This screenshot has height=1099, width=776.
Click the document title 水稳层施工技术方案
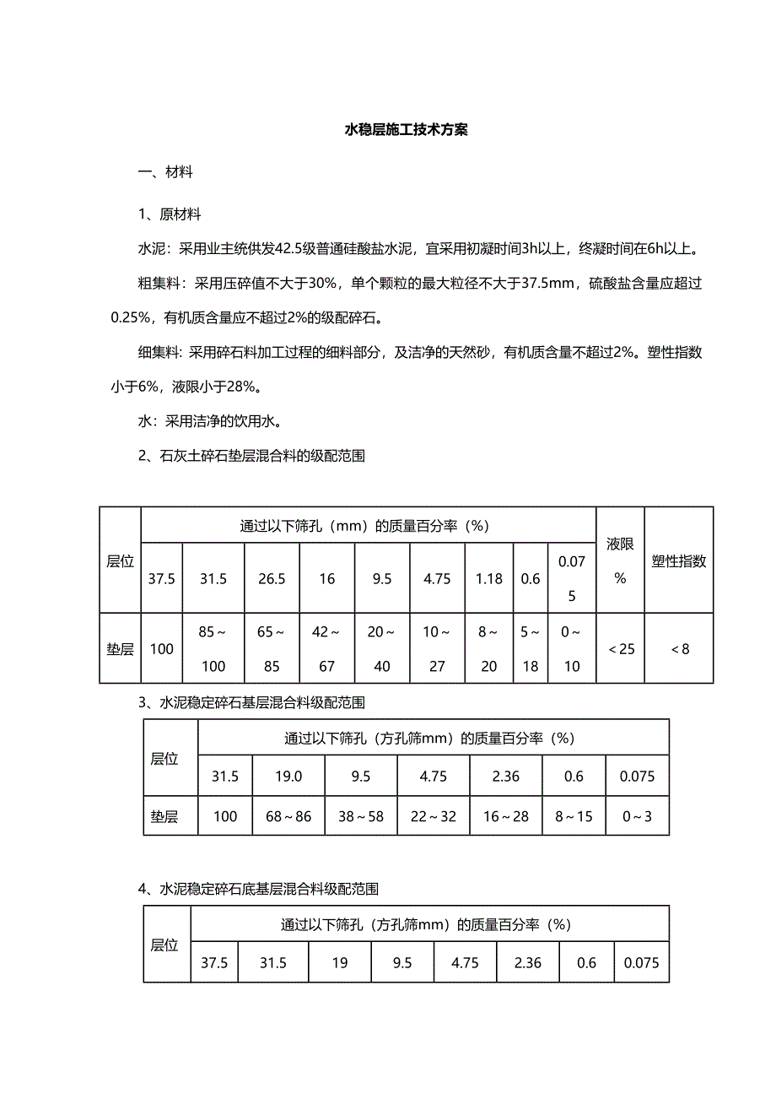point(407,130)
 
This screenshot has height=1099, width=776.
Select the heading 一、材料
point(165,172)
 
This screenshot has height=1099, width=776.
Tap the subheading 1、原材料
point(170,214)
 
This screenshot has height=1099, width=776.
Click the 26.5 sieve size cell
point(272,578)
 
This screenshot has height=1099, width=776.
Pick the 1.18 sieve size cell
point(489,578)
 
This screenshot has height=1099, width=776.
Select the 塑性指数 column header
point(678,560)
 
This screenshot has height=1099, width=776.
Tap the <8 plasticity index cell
point(678,648)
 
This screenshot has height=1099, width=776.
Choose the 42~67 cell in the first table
point(327,648)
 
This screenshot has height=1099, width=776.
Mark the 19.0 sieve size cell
point(288,777)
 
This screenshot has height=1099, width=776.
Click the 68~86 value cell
point(288,816)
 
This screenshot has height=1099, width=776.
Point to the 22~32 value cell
point(434,816)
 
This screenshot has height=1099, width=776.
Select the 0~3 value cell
point(637,816)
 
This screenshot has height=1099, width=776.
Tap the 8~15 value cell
point(574,816)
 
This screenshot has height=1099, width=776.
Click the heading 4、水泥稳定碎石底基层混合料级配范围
point(258,888)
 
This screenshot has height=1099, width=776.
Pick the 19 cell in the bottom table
point(339,962)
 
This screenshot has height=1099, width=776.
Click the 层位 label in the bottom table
point(164,945)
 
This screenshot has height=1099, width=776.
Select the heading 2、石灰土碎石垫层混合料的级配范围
point(251,456)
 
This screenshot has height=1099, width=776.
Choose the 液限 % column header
point(620,560)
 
